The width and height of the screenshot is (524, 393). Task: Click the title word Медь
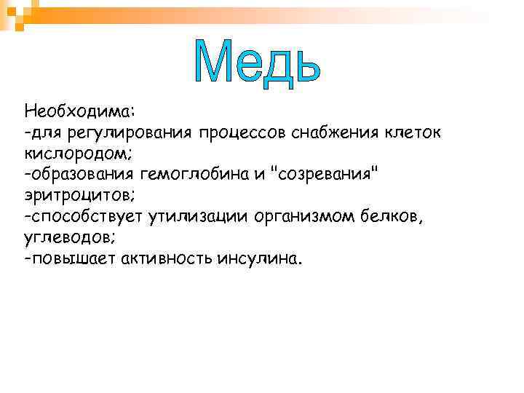(x=258, y=61)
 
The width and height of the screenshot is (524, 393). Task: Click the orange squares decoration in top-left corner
(x=16, y=13)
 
